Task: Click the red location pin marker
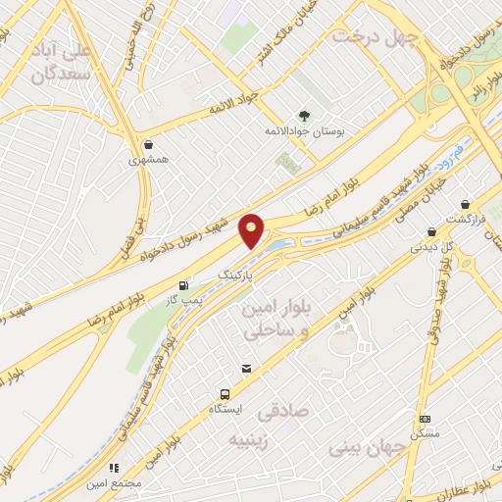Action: point(252,230)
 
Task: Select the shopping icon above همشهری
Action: point(147,143)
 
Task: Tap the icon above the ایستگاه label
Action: point(244,369)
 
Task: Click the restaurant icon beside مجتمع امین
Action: point(114,469)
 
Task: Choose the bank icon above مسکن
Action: point(424,419)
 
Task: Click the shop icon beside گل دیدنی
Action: point(431,232)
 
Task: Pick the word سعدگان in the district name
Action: point(60,74)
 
